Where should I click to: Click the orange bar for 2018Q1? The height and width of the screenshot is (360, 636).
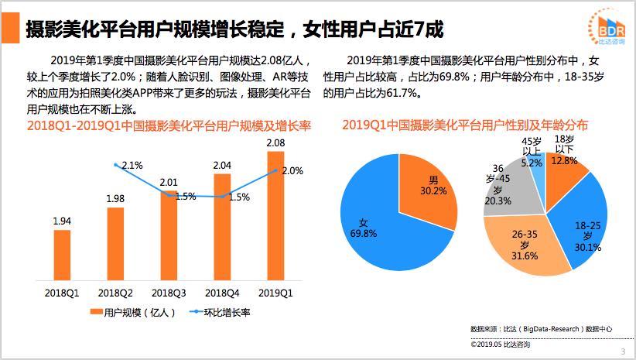[62, 255]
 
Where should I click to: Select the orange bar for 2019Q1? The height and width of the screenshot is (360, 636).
[275, 217]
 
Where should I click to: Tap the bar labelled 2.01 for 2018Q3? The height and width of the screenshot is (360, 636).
[169, 236]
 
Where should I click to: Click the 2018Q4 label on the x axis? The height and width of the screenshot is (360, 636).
[222, 293]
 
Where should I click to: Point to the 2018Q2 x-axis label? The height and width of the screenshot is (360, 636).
[115, 293]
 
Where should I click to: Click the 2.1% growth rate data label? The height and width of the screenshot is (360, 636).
[132, 165]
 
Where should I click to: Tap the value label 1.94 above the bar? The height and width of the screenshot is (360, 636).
[62, 221]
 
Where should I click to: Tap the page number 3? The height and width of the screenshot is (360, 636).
[623, 352]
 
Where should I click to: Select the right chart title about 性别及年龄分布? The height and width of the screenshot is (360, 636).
[465, 125]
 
